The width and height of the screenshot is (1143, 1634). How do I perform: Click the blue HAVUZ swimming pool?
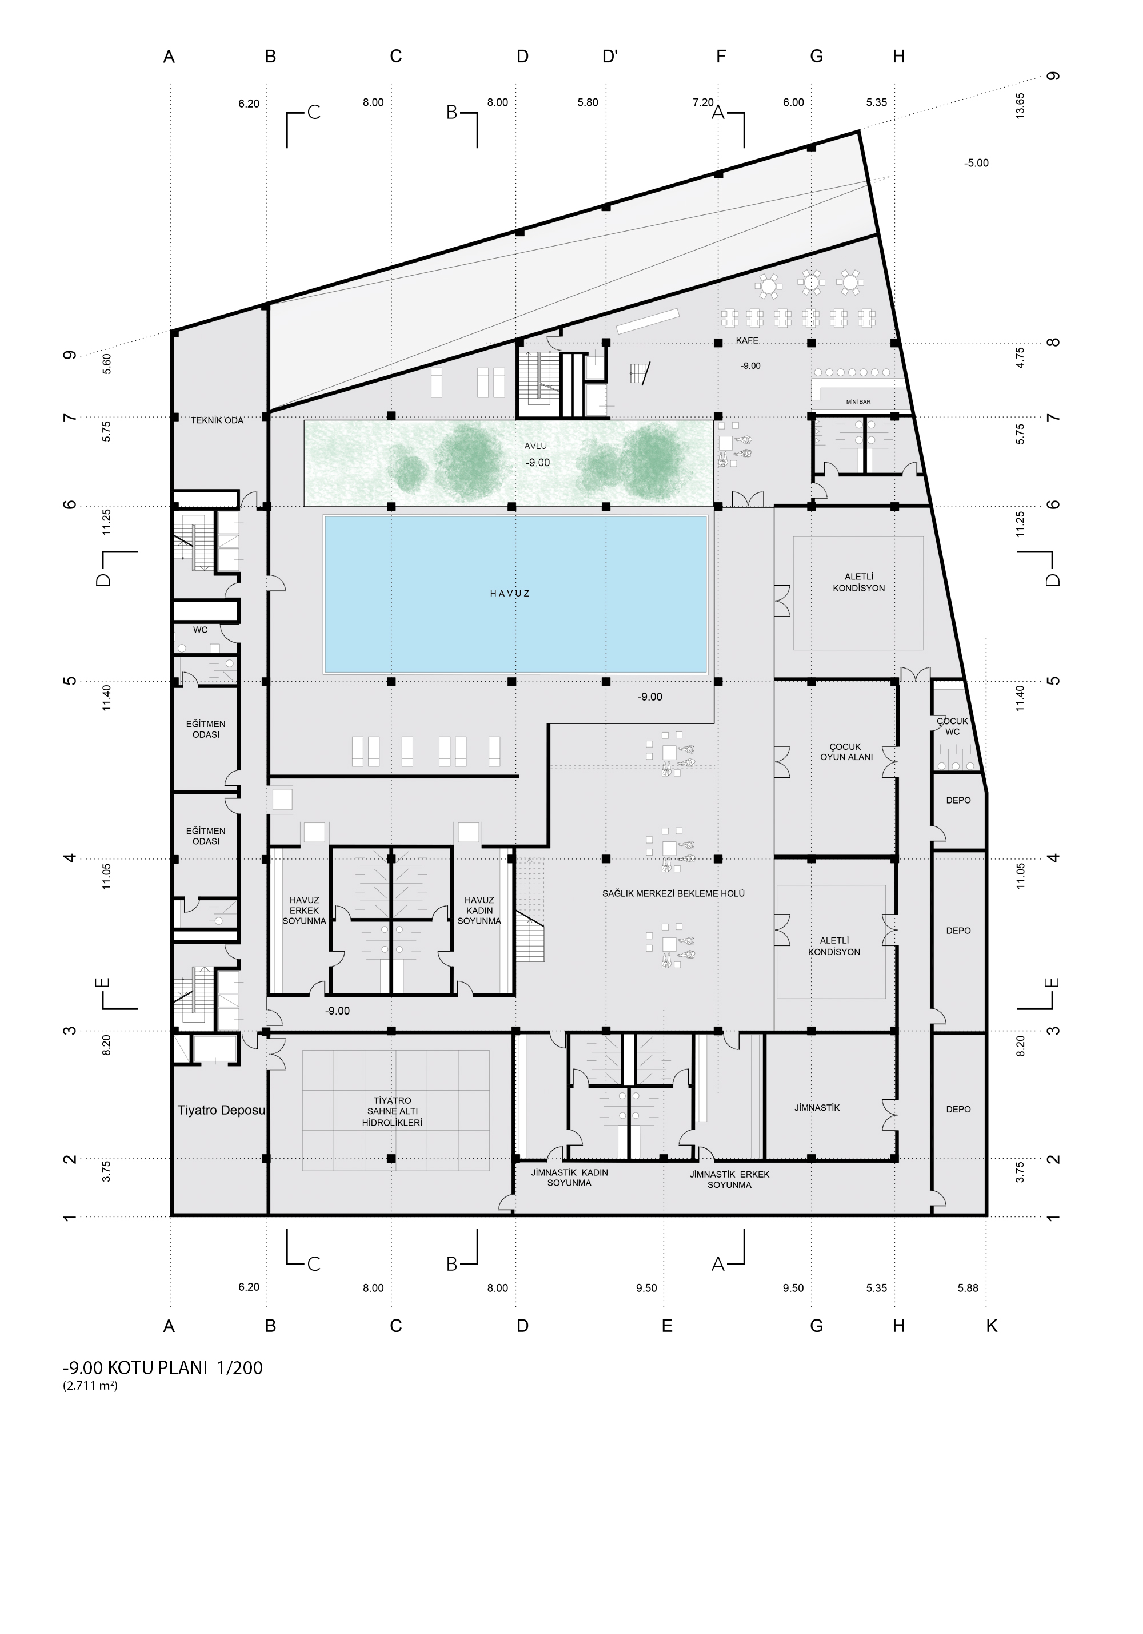pyautogui.click(x=515, y=594)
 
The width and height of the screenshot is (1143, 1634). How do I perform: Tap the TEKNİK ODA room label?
pyautogui.click(x=217, y=420)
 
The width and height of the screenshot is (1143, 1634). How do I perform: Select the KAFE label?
pyautogui.click(x=747, y=341)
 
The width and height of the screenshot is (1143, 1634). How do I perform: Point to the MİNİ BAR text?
pyautogui.click(x=858, y=402)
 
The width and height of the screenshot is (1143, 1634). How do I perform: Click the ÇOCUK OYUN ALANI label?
pyautogui.click(x=846, y=752)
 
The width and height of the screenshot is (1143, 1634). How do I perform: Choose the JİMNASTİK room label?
pyautogui.click(x=817, y=1108)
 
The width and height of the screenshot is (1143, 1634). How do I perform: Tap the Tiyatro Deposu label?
pyautogui.click(x=221, y=1110)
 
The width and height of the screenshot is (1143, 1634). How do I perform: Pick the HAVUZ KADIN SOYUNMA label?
pyautogui.click(x=479, y=911)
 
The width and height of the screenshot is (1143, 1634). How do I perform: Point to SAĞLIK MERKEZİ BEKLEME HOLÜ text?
pyautogui.click(x=674, y=893)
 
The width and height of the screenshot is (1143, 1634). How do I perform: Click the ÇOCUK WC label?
pyautogui.click(x=952, y=726)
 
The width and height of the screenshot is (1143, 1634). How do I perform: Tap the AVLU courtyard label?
pyautogui.click(x=535, y=446)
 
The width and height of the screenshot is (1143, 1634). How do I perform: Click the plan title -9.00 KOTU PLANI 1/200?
pyautogui.click(x=163, y=1368)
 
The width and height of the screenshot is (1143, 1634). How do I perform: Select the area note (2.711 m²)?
pyautogui.click(x=90, y=1386)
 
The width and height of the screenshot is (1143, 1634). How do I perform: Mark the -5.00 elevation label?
pyautogui.click(x=976, y=163)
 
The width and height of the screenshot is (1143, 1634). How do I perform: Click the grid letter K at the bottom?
pyautogui.click(x=992, y=1326)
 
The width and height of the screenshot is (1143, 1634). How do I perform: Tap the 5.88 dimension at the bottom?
pyautogui.click(x=968, y=1288)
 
